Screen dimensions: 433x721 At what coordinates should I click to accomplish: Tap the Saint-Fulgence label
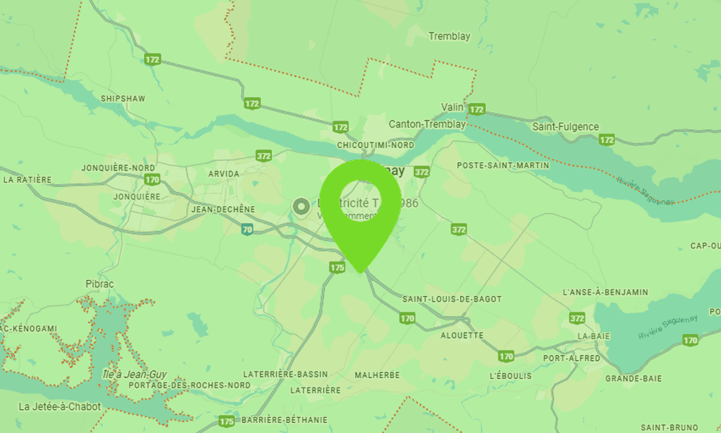click(565, 126)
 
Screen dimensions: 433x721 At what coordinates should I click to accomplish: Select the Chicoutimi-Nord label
click(376, 145)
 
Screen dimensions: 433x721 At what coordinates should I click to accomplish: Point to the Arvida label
click(223, 174)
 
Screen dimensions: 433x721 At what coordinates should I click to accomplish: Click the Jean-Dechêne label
click(224, 209)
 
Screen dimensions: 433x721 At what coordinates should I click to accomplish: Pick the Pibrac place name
click(100, 284)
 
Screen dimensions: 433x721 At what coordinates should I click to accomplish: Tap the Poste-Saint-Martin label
click(498, 165)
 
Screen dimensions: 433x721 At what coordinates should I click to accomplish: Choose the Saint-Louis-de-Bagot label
click(452, 299)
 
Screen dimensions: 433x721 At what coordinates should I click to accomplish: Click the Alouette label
click(462, 336)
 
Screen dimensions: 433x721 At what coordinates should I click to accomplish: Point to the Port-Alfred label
click(572, 359)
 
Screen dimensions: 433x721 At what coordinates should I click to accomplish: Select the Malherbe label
click(377, 375)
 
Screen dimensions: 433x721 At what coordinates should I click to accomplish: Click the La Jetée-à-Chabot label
click(60, 406)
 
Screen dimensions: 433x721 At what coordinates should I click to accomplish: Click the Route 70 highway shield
click(247, 229)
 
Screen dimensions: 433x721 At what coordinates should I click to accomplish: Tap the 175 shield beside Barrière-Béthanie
click(226, 421)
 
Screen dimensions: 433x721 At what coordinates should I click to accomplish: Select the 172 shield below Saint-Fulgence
click(607, 140)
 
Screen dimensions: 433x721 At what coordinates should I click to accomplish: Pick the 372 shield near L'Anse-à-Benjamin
click(577, 318)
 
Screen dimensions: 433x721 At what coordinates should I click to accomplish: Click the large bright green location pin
click(359, 209)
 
